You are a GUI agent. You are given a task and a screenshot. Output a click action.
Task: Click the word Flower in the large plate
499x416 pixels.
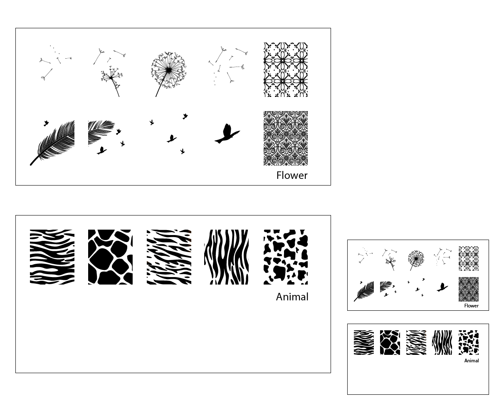point(292,176)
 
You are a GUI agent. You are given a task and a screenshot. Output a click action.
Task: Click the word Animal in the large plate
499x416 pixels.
point(292,297)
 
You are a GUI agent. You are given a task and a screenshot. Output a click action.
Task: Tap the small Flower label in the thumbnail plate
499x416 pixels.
point(471,306)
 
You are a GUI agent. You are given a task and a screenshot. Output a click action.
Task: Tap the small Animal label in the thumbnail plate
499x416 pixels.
point(471,361)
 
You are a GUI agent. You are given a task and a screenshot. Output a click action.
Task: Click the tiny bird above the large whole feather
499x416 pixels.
point(46,123)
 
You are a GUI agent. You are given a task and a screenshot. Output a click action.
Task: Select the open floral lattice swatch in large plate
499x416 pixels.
point(286,69)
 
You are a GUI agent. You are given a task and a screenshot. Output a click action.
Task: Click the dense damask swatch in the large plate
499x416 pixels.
point(286,138)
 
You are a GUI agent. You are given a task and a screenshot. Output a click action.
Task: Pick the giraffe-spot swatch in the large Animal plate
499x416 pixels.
point(110,257)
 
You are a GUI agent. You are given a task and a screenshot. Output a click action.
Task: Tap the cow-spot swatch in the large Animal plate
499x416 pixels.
point(286,257)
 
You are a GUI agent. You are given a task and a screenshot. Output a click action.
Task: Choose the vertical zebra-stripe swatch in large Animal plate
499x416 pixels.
point(226,257)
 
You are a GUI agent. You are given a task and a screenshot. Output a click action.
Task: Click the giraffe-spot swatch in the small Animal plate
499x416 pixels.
point(390,342)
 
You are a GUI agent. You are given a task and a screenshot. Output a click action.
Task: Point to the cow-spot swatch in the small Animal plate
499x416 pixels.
point(468,342)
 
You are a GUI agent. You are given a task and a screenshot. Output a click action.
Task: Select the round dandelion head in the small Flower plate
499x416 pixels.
point(416,259)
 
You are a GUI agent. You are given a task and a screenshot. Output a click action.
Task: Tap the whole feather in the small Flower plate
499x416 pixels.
point(364,292)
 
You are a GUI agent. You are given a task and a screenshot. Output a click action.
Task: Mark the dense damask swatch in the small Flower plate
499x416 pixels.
point(468,289)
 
